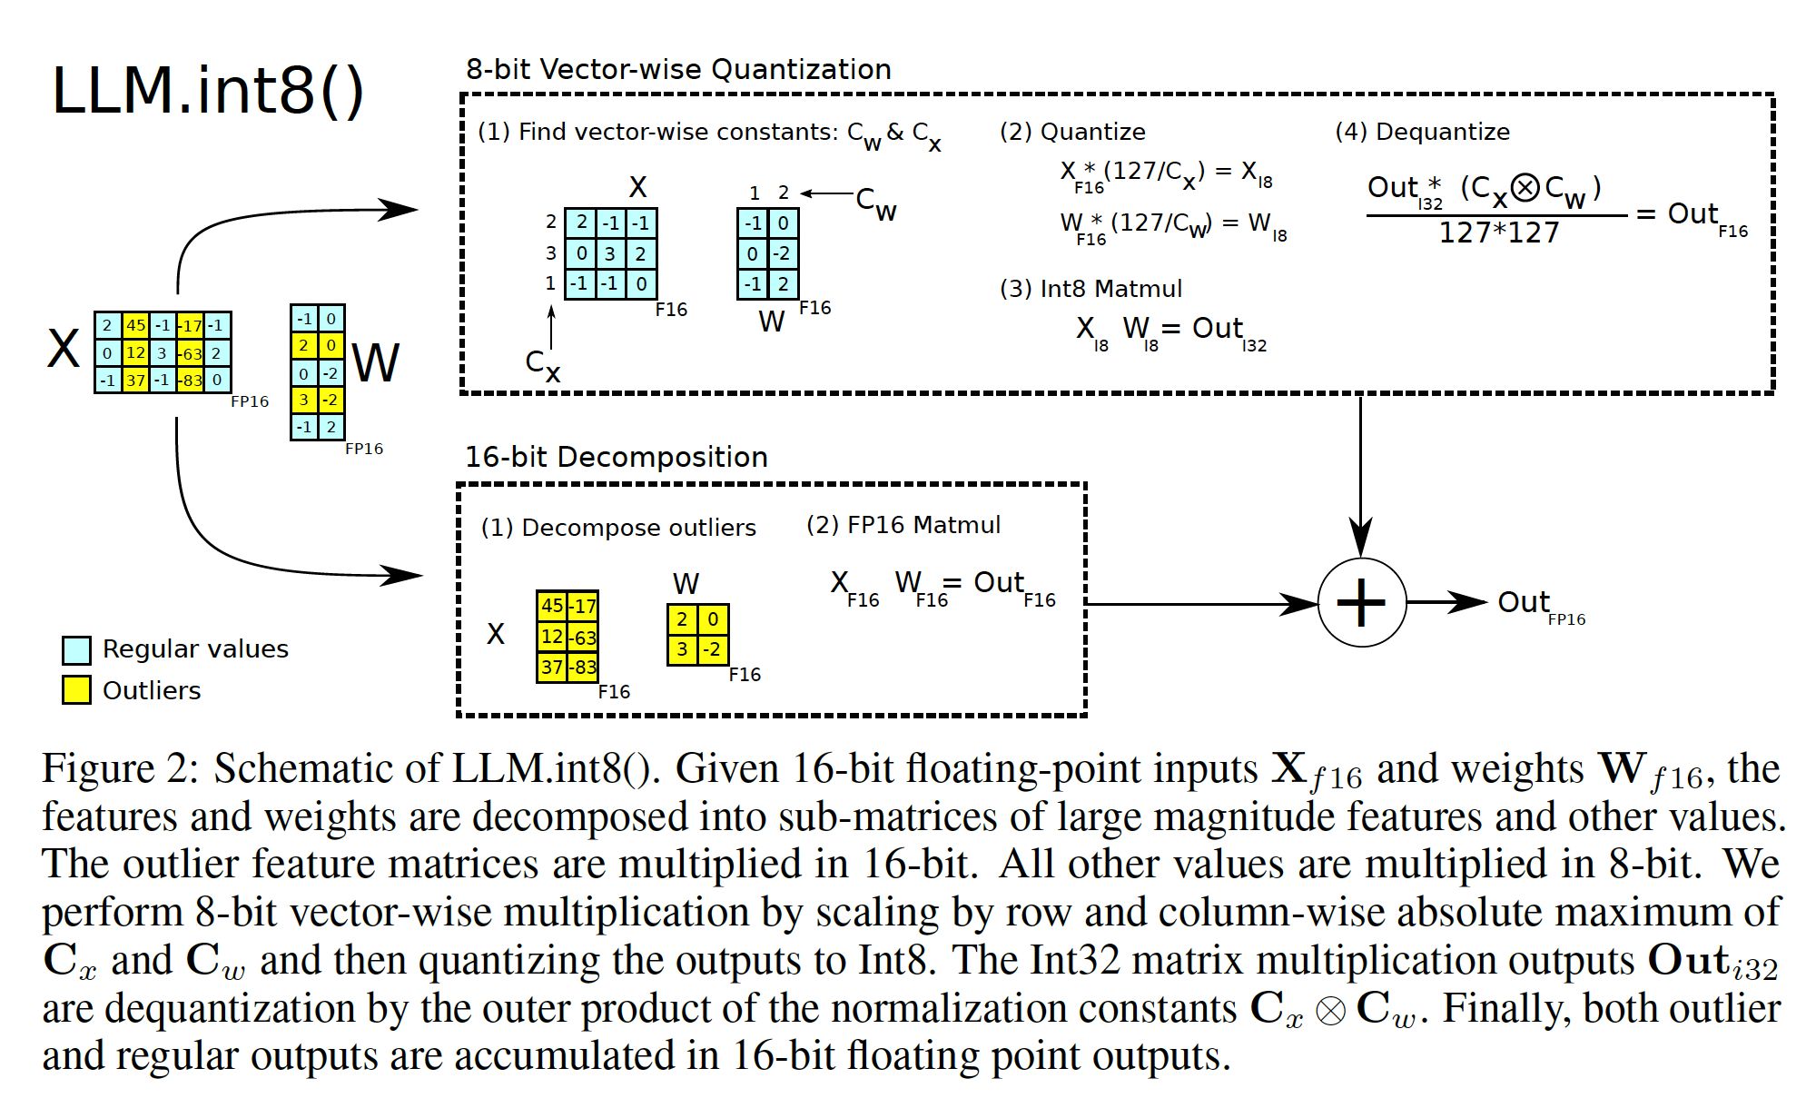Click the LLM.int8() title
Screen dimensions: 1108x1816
(x=208, y=91)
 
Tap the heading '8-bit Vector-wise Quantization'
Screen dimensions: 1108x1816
(x=678, y=70)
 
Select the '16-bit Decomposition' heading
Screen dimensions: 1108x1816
(x=617, y=457)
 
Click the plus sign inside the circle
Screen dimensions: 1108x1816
(x=1361, y=602)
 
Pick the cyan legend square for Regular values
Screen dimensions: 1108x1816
(x=76, y=649)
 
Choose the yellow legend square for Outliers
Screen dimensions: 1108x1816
(x=76, y=690)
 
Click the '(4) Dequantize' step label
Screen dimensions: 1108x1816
(x=1422, y=132)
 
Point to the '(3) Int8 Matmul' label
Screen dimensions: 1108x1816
(x=1091, y=289)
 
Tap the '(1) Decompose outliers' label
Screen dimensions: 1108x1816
(x=618, y=528)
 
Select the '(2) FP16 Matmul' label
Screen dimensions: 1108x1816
(x=903, y=525)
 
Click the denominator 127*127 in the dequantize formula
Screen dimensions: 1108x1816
(x=1499, y=233)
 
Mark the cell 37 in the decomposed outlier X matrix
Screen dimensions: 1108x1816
(x=552, y=668)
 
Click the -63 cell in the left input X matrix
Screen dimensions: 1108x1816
(x=191, y=353)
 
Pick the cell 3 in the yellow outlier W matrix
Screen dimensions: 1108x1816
(x=682, y=649)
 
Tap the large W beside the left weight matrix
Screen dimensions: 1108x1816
(x=375, y=363)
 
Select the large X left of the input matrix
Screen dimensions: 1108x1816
(x=64, y=349)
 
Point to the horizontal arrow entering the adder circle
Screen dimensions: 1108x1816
(x=1199, y=603)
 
